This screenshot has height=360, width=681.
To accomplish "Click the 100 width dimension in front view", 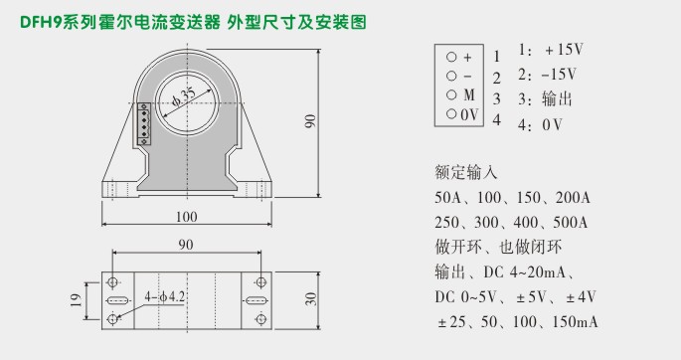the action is click(x=185, y=217).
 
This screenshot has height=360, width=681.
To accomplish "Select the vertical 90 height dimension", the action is click(x=310, y=120).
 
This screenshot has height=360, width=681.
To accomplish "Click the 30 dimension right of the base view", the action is click(x=309, y=298).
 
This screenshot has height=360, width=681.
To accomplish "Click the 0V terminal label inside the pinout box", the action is click(x=471, y=115).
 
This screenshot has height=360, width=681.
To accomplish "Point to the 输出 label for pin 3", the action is click(x=558, y=100).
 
